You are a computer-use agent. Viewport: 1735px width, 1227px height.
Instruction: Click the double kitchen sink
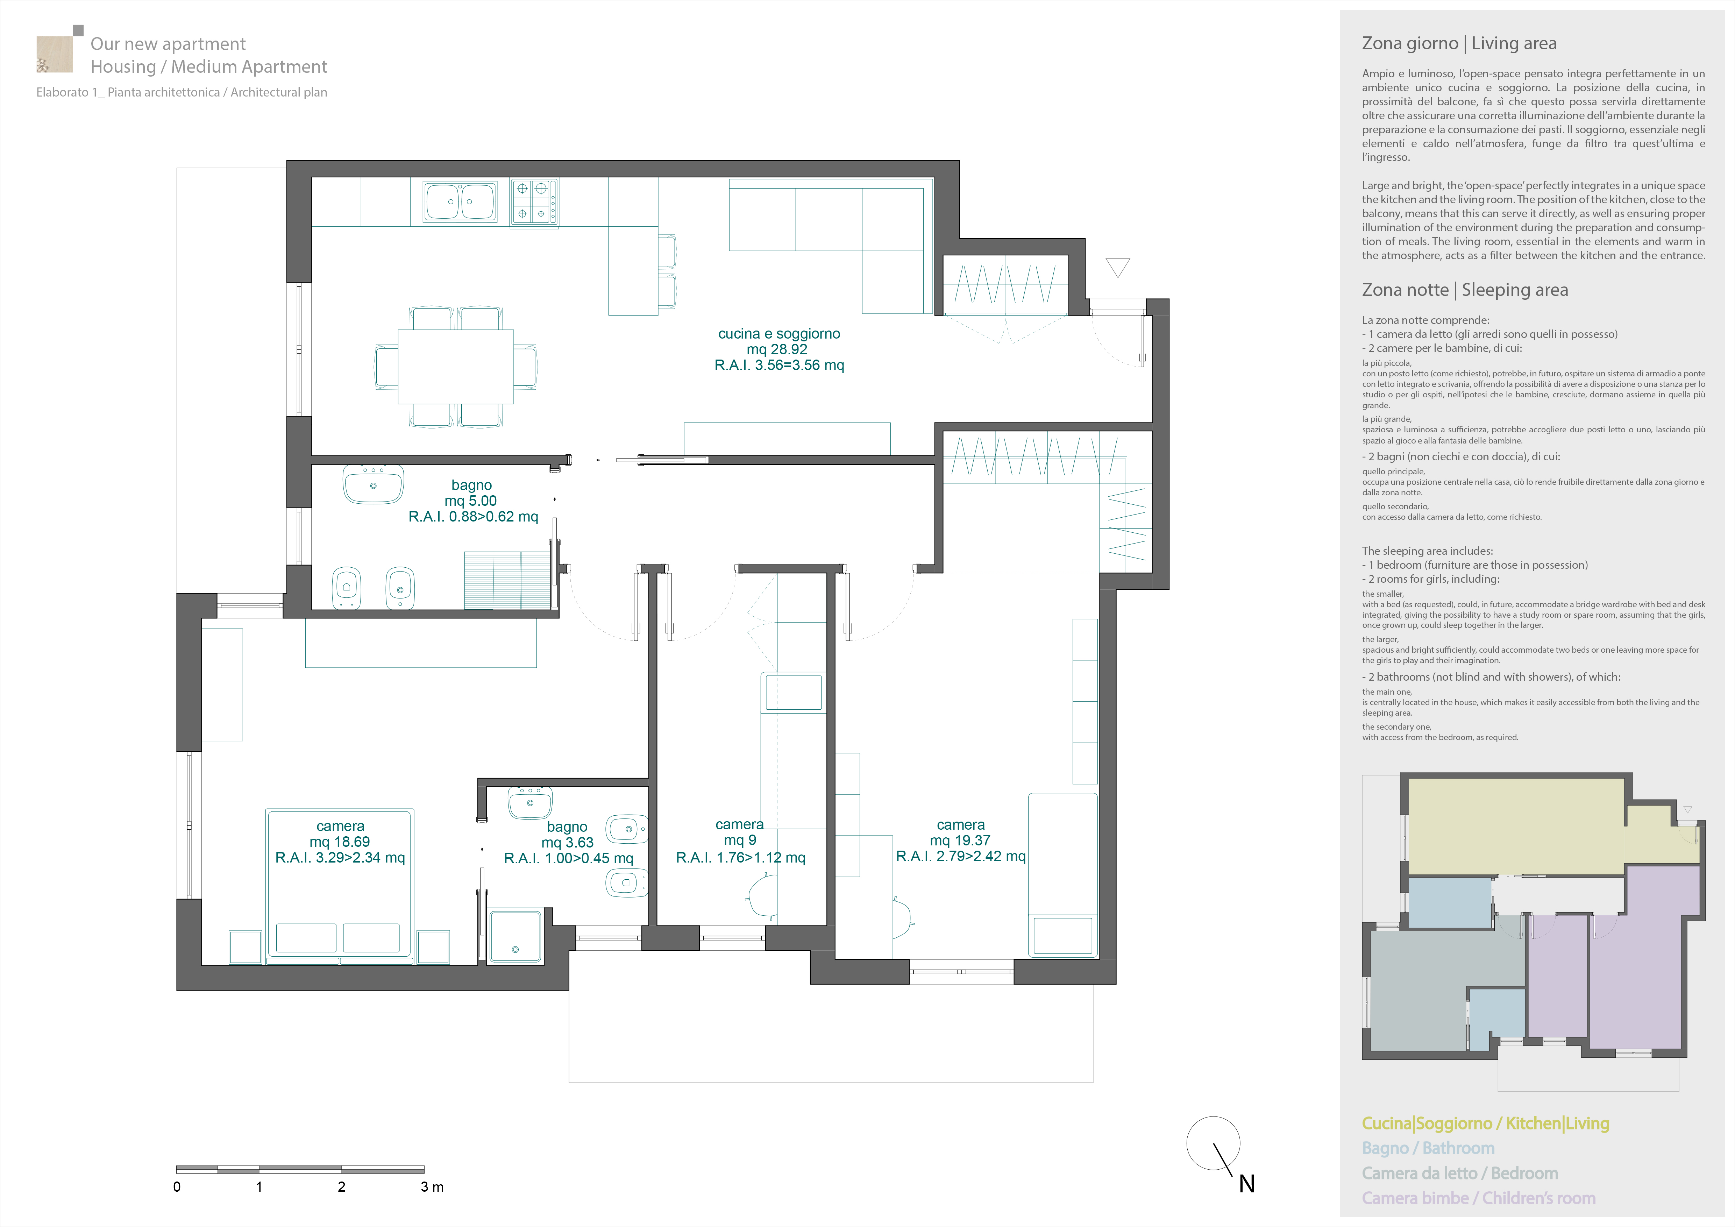click(x=461, y=201)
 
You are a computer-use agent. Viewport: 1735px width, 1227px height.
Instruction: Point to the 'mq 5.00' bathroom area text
click(x=471, y=501)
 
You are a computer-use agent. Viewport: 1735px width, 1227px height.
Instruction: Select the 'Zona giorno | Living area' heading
click(x=1459, y=44)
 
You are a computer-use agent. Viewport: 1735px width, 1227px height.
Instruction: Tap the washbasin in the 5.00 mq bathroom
click(x=373, y=483)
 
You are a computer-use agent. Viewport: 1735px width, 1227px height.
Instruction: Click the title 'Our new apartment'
click(x=168, y=44)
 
